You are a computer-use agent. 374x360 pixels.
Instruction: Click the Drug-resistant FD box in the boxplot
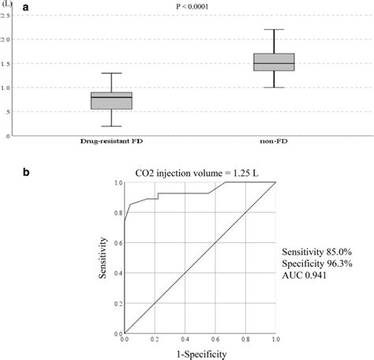pos(111,100)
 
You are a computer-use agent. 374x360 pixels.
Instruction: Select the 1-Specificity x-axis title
pos(200,354)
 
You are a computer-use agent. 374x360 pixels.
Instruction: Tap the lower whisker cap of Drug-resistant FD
pos(111,126)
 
